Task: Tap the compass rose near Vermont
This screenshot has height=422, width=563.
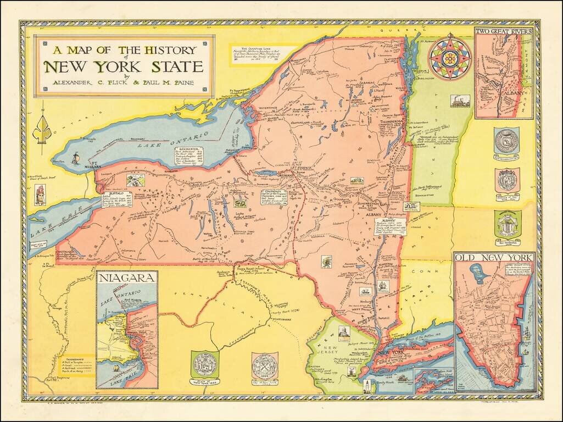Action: [449, 57]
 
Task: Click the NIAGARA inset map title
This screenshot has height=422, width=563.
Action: [127, 277]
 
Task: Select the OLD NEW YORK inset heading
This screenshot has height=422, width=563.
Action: [493, 258]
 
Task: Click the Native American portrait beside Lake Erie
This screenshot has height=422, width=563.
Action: [40, 195]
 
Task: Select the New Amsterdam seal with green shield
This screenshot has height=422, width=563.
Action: [506, 225]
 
